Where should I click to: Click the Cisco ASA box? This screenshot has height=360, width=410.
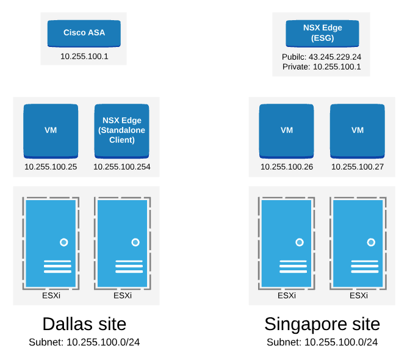84,33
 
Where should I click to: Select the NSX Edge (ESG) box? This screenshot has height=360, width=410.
322,33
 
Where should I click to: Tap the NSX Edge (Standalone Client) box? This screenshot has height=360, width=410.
122,131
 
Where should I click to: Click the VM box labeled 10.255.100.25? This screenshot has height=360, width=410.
51,131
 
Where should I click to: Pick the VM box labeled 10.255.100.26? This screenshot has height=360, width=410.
287,131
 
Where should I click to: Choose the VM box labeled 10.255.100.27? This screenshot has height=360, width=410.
358,131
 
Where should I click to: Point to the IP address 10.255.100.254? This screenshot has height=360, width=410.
122,167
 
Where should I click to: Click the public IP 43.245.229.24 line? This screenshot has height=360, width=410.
322,57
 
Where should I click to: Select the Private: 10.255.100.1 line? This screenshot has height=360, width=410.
322,67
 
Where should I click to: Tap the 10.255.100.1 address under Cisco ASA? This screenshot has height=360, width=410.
84,56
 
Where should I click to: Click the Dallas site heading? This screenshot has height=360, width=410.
84,323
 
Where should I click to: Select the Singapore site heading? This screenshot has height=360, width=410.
322,323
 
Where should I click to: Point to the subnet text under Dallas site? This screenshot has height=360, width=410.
84,342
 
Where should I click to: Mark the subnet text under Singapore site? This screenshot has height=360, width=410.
322,342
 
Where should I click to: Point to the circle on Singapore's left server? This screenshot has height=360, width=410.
300,242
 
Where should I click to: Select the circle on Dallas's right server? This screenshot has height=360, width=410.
135,242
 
